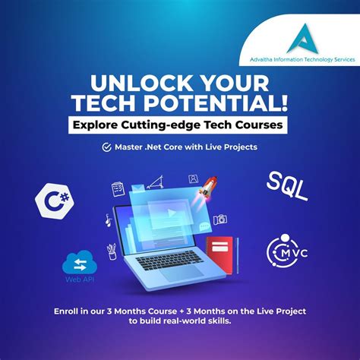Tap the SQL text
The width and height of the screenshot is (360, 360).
coord(288,186)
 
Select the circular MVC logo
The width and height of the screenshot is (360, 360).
coord(285,251)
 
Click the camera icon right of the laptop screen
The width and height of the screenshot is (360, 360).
coord(220,219)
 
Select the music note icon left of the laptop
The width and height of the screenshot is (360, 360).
coord(109,220)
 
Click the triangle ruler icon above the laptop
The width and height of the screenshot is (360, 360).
coord(156,182)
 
